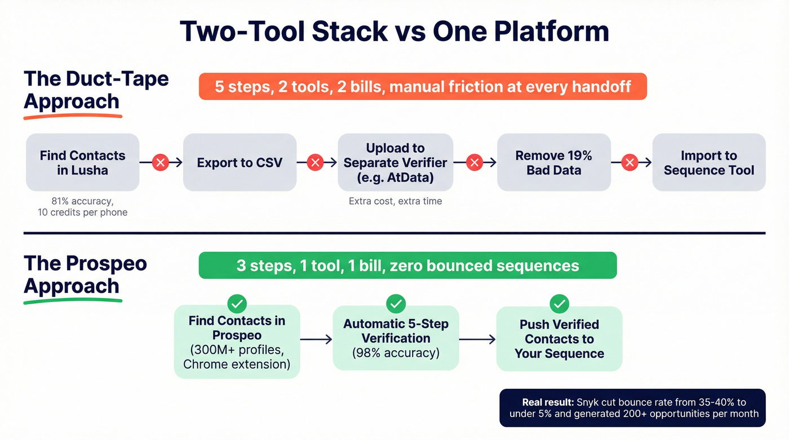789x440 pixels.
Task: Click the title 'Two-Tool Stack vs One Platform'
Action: point(394,32)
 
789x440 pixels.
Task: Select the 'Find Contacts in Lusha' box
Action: point(82,163)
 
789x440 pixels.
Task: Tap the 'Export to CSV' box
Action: point(240,163)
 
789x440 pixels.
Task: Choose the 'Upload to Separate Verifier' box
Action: point(395,162)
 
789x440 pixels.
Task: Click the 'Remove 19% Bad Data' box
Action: point(553,163)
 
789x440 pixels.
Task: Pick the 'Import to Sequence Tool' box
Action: point(708,163)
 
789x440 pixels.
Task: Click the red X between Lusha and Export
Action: point(161,163)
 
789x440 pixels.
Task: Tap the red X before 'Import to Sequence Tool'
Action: point(630,163)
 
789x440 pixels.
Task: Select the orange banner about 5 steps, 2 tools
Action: point(423,87)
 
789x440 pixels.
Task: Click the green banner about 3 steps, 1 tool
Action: point(407,265)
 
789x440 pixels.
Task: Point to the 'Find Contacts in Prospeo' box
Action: point(237,342)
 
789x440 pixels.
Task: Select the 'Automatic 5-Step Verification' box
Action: point(396,338)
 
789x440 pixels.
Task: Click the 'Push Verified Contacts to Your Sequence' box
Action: point(559,339)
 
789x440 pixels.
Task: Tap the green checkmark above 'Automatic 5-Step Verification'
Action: point(396,304)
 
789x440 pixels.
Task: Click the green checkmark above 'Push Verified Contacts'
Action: point(559,304)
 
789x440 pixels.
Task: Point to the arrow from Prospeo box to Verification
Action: point(316,339)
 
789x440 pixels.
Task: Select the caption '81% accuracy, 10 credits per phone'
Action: point(82,207)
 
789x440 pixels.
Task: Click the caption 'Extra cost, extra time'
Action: point(395,201)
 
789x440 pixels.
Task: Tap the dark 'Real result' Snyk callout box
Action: point(632,408)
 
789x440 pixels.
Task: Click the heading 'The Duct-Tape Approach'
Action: point(96,90)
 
